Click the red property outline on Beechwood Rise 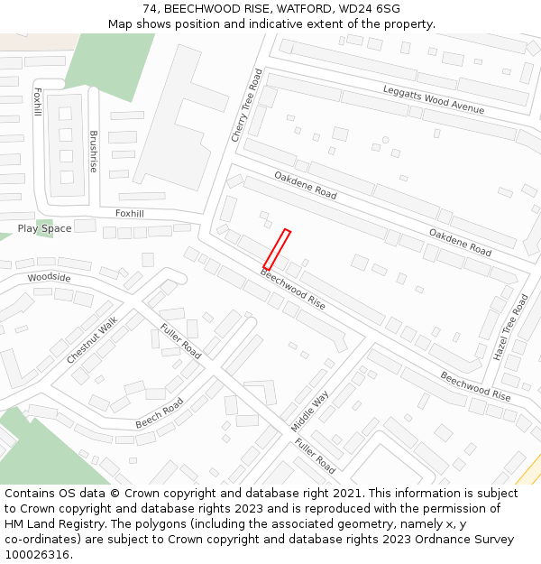click(277, 249)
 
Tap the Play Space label click(44, 228)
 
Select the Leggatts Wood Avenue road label click(433, 100)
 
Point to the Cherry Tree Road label click(246, 106)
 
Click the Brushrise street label click(93, 152)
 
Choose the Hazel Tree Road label click(509, 327)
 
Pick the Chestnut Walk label click(92, 340)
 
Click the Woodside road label click(49, 277)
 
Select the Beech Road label click(160, 413)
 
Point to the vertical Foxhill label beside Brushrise click(37, 102)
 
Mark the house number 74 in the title click(150, 8)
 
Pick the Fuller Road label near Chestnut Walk click(180, 340)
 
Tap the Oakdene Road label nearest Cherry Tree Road click(306, 185)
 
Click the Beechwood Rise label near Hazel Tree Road click(475, 385)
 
